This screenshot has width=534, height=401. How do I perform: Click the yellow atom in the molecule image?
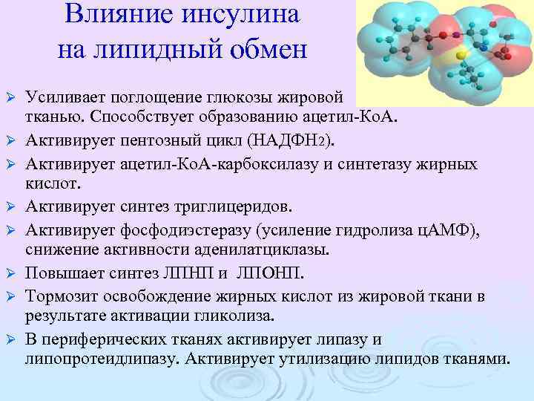click(461, 54)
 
